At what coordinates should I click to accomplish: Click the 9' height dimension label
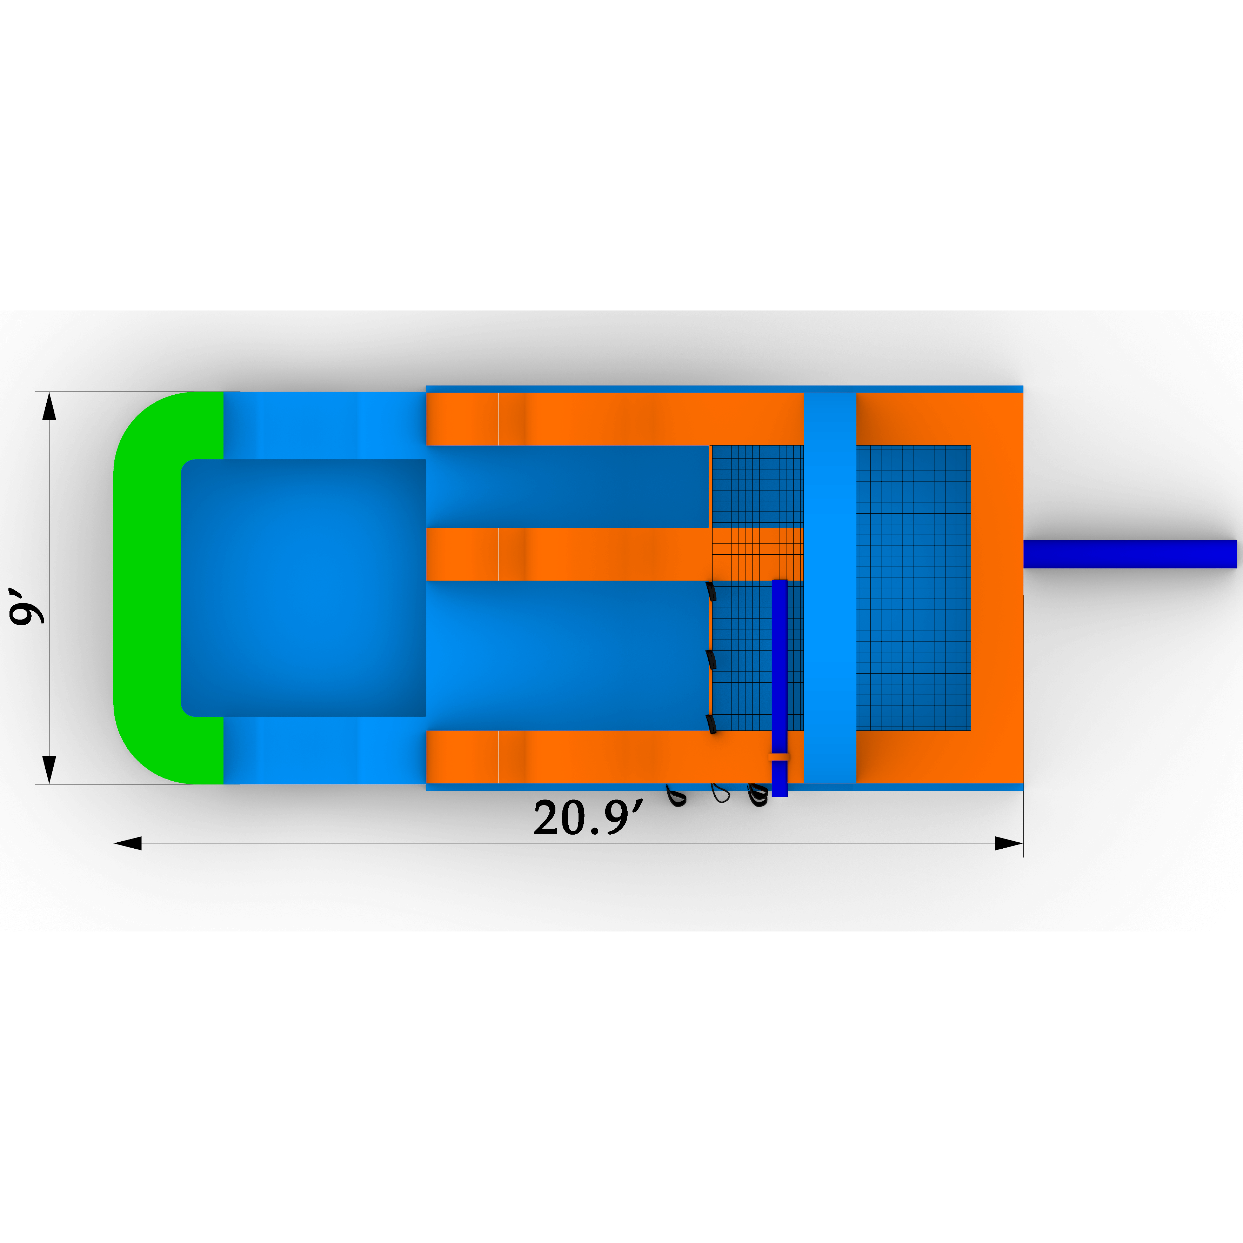click(27, 606)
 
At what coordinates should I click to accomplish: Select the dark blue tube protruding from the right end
click(1130, 554)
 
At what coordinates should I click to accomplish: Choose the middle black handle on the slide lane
click(711, 660)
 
